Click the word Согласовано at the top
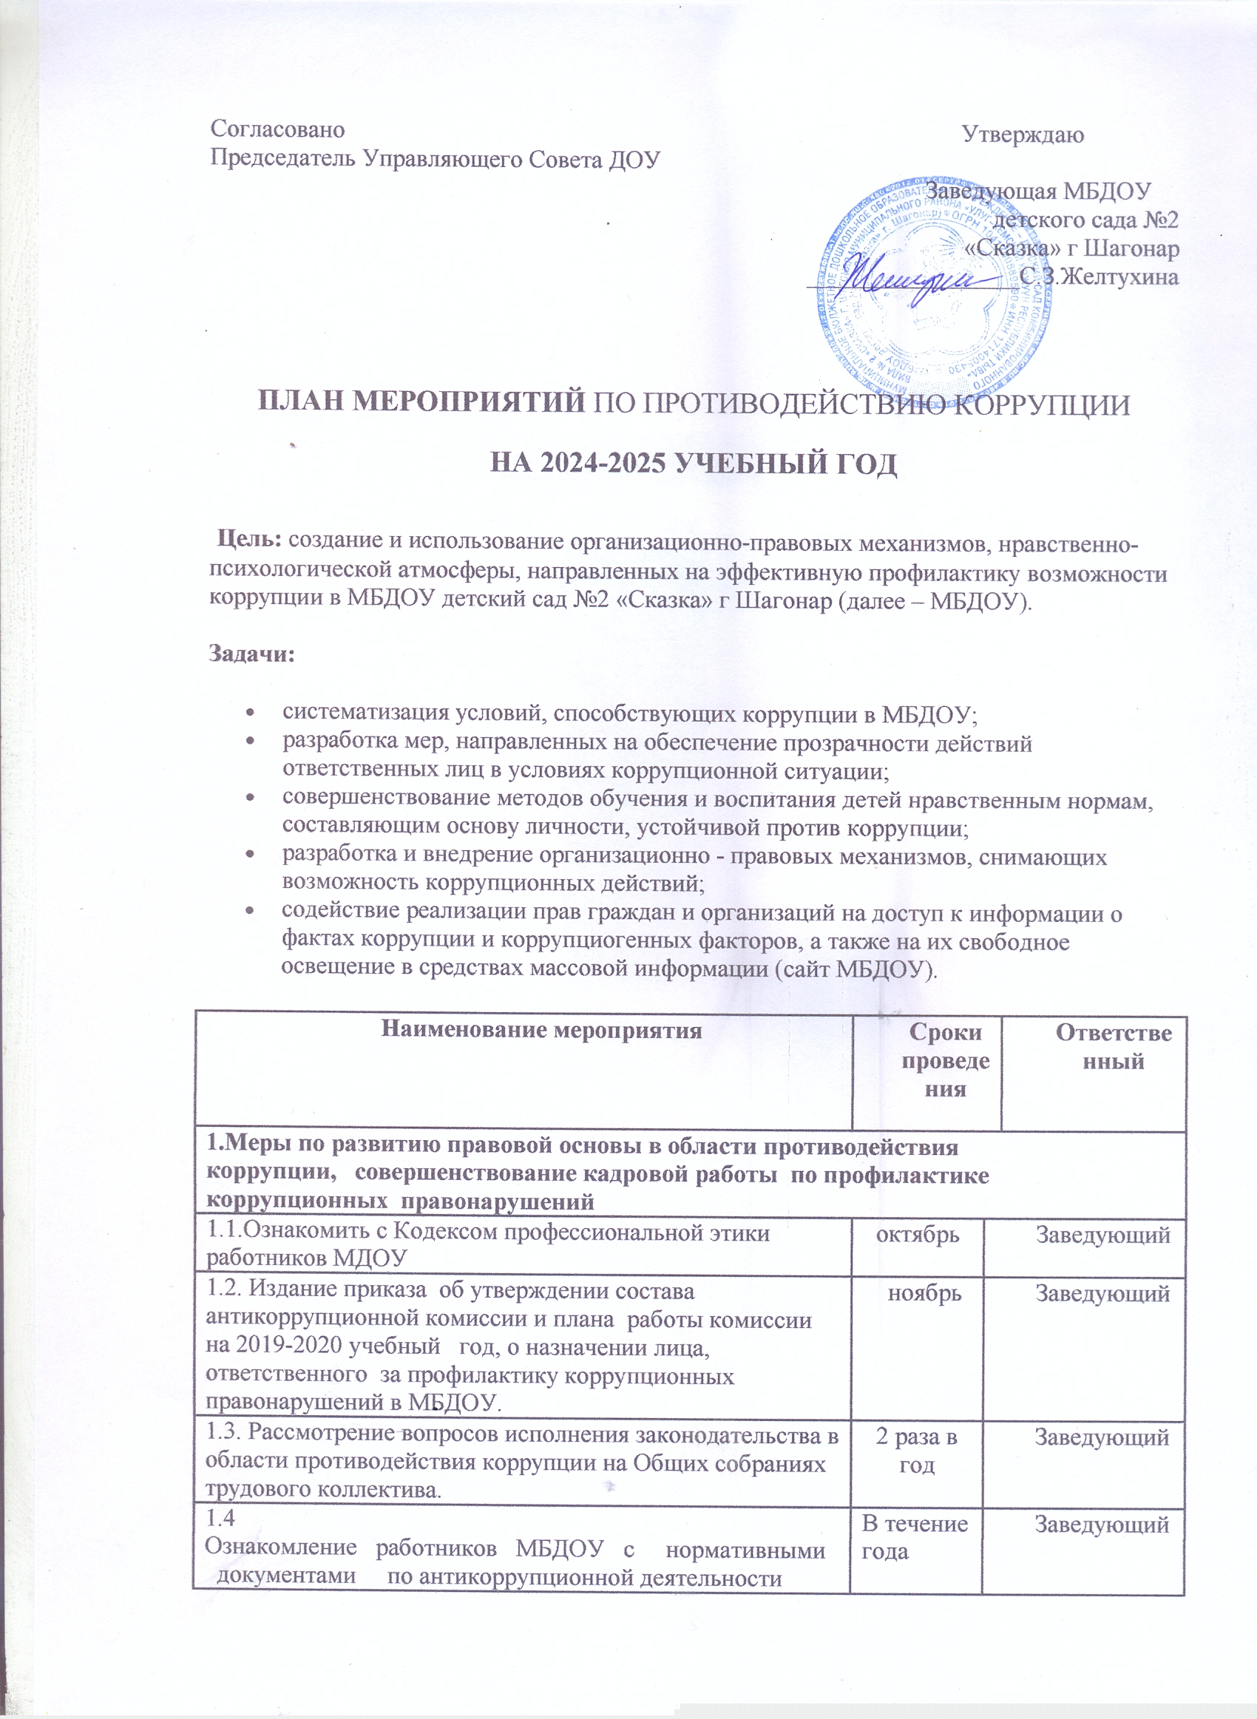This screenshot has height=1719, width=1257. [277, 129]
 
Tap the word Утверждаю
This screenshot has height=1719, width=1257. [1023, 135]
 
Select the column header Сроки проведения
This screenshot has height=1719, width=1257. [945, 1060]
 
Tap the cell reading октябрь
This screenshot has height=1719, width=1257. [918, 1234]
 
